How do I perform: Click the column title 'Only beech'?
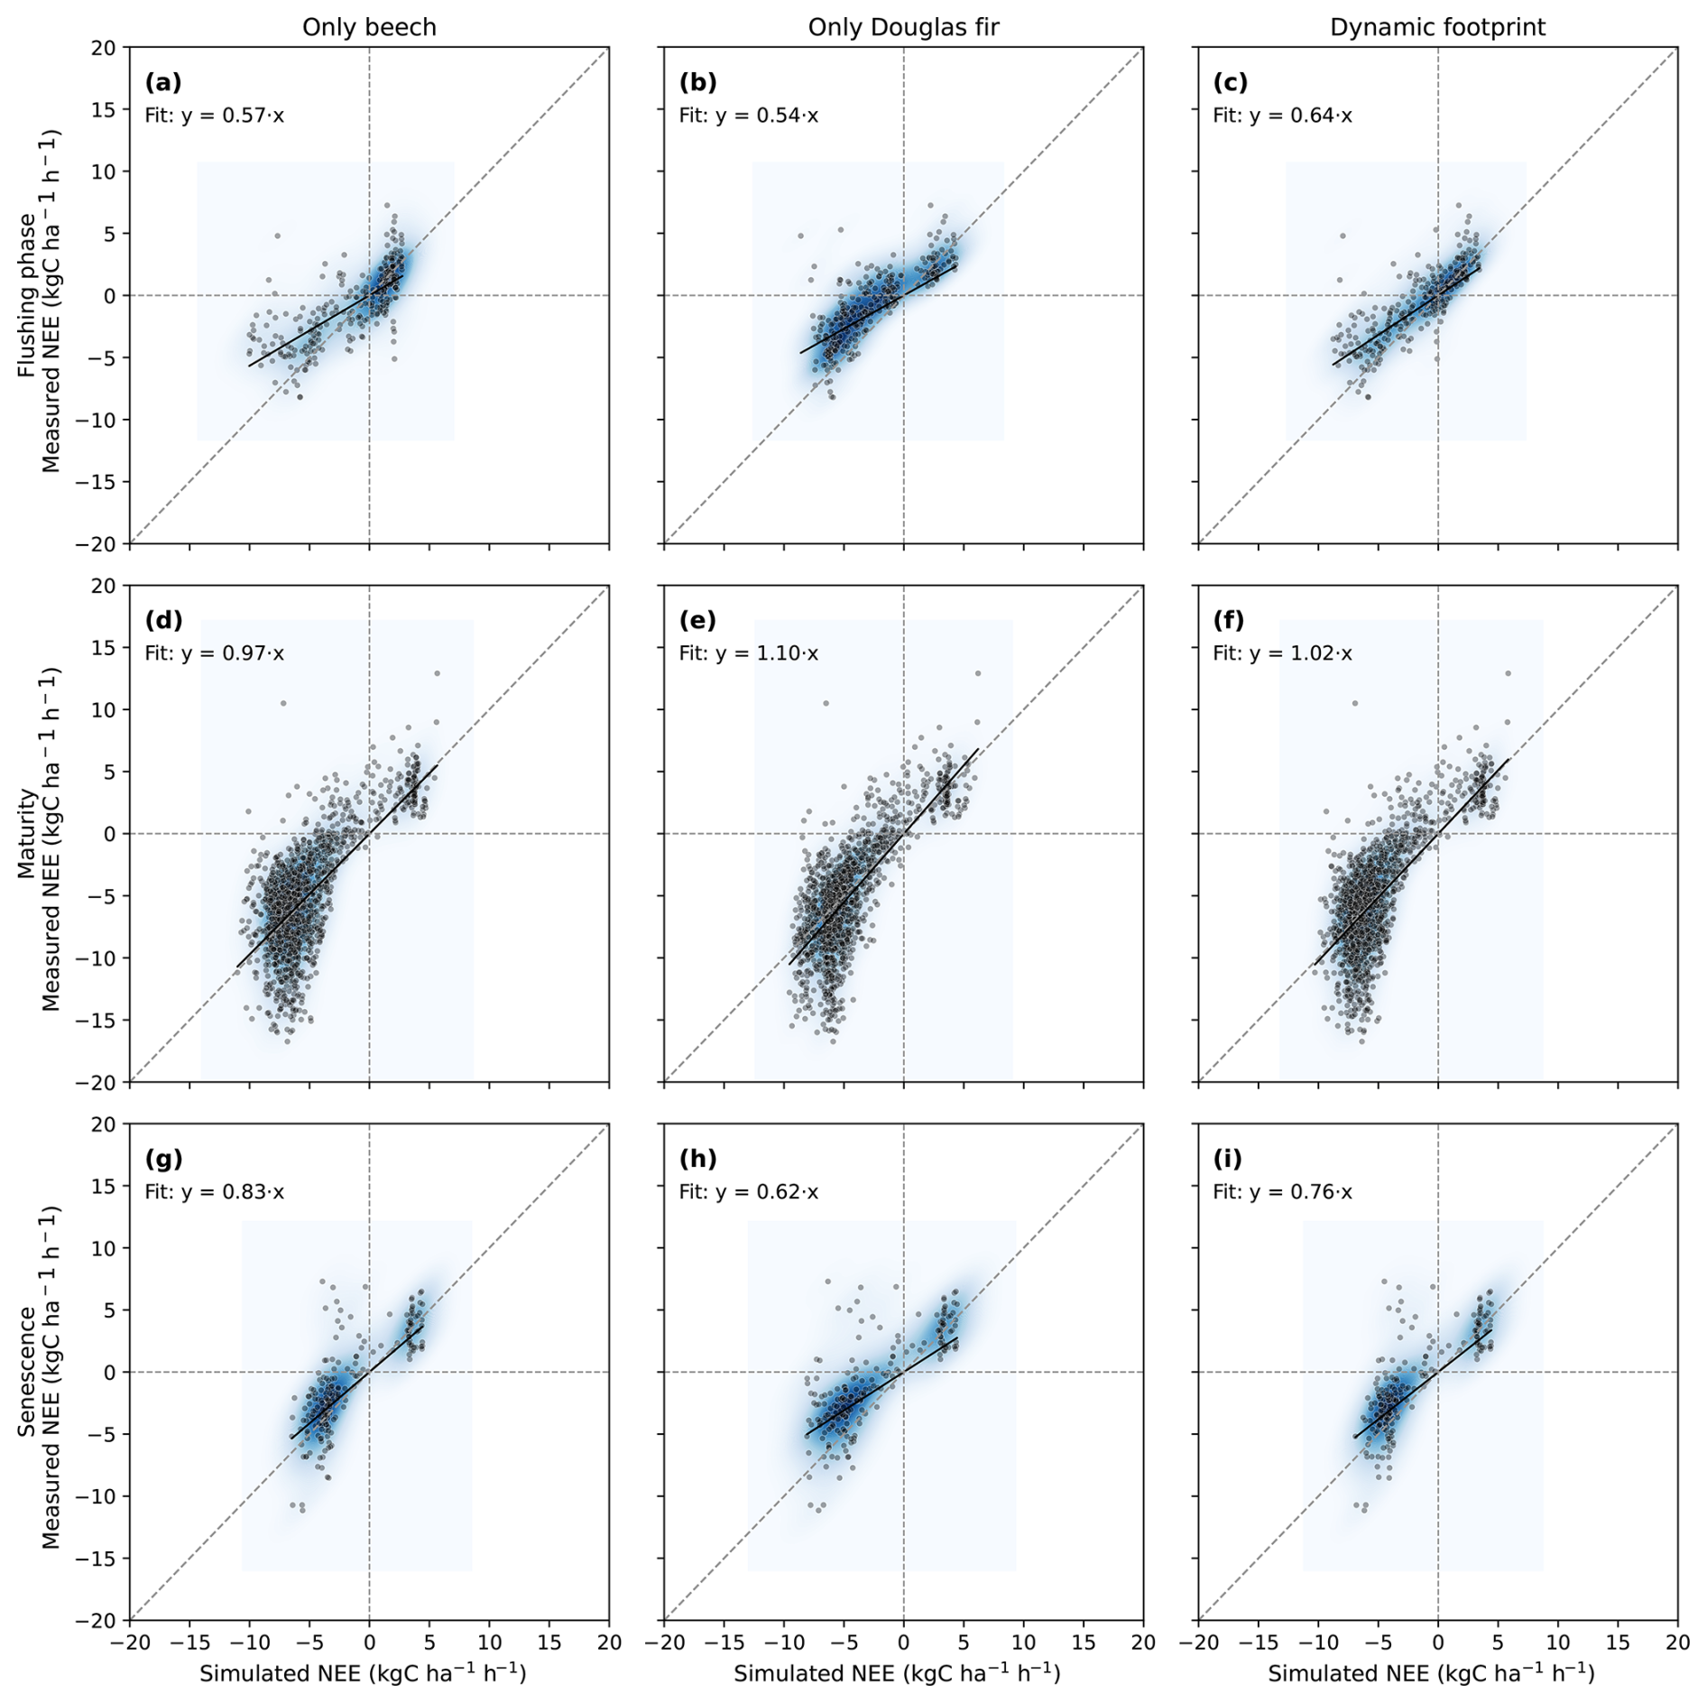tap(369, 28)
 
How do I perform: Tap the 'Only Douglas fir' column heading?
tap(903, 28)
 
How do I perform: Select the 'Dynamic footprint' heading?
tap(1437, 28)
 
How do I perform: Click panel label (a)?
tap(163, 83)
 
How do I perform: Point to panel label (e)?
tap(697, 621)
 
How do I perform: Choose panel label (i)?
tap(1228, 1159)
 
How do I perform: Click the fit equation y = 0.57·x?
tap(214, 116)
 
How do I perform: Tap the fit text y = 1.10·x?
tap(749, 653)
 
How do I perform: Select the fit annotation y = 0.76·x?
tap(1282, 1192)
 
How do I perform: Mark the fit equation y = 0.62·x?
tap(749, 1192)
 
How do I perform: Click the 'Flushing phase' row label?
tap(27, 295)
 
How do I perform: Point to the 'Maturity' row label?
tap(27, 834)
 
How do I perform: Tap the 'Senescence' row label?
tap(27, 1372)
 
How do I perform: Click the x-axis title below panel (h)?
tap(897, 1673)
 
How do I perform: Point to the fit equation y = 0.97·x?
tap(214, 653)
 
